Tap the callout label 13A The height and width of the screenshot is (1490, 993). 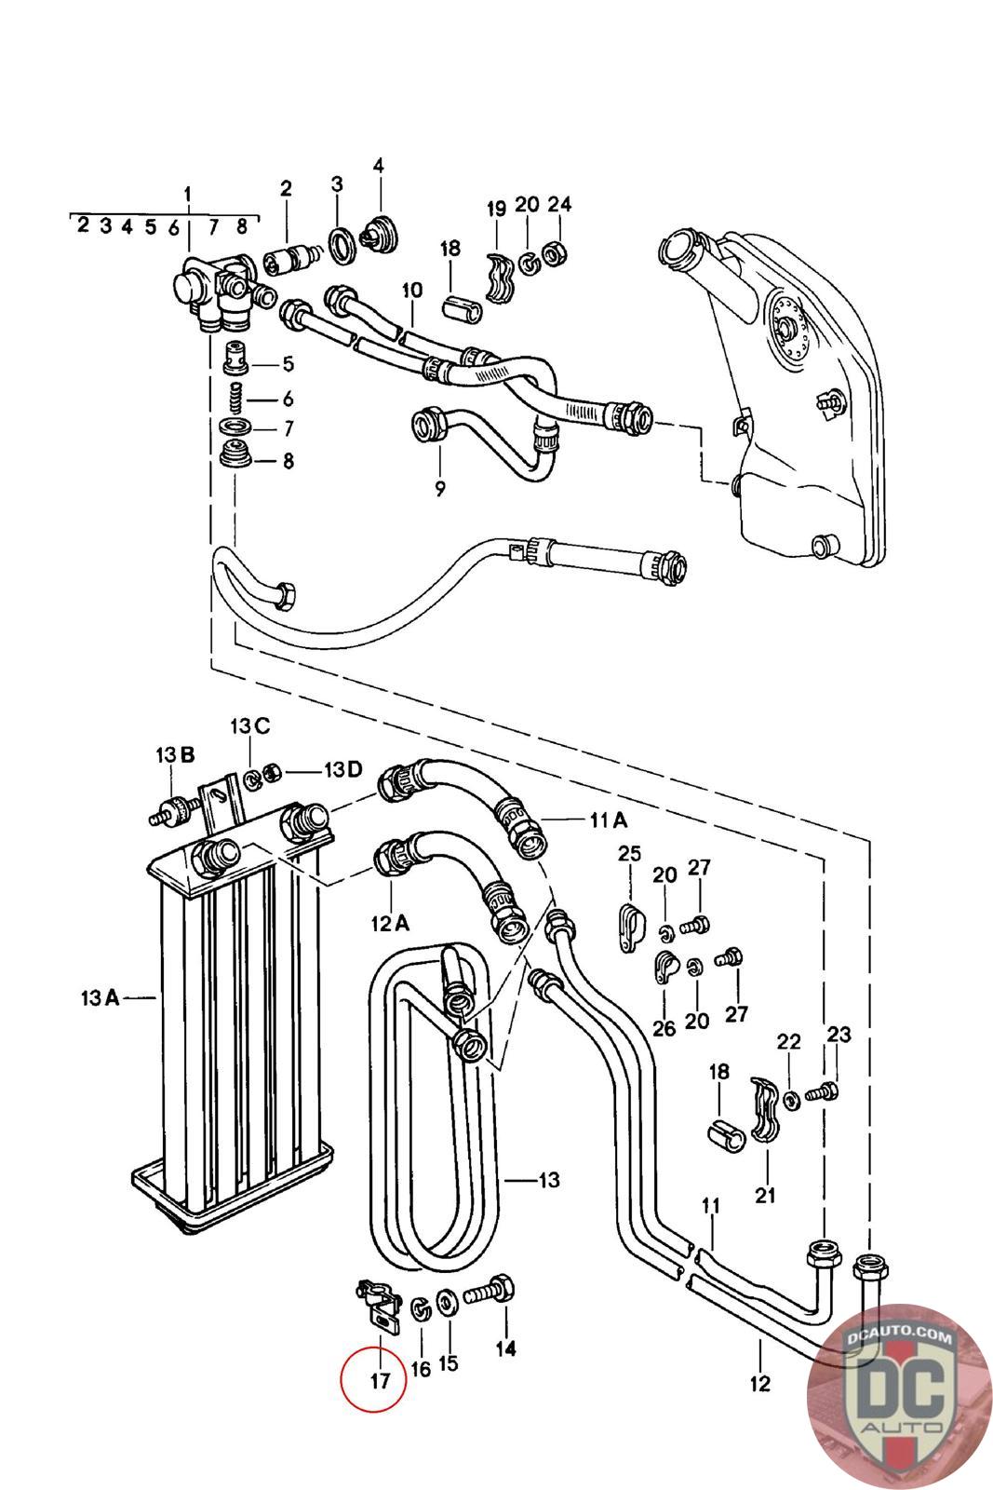(x=101, y=997)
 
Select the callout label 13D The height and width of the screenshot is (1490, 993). (x=343, y=769)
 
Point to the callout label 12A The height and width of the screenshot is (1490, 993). (x=390, y=923)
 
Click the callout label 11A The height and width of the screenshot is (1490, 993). (x=609, y=820)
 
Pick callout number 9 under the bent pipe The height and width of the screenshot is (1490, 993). (x=440, y=489)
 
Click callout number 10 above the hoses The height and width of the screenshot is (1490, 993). (x=412, y=290)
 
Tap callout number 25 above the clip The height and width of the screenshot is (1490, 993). (x=629, y=853)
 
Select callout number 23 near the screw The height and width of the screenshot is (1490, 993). (x=839, y=1035)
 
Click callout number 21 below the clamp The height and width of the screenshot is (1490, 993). (x=765, y=1196)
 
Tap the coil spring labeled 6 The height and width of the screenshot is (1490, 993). (x=236, y=398)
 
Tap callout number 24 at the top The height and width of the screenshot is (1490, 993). (x=559, y=204)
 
